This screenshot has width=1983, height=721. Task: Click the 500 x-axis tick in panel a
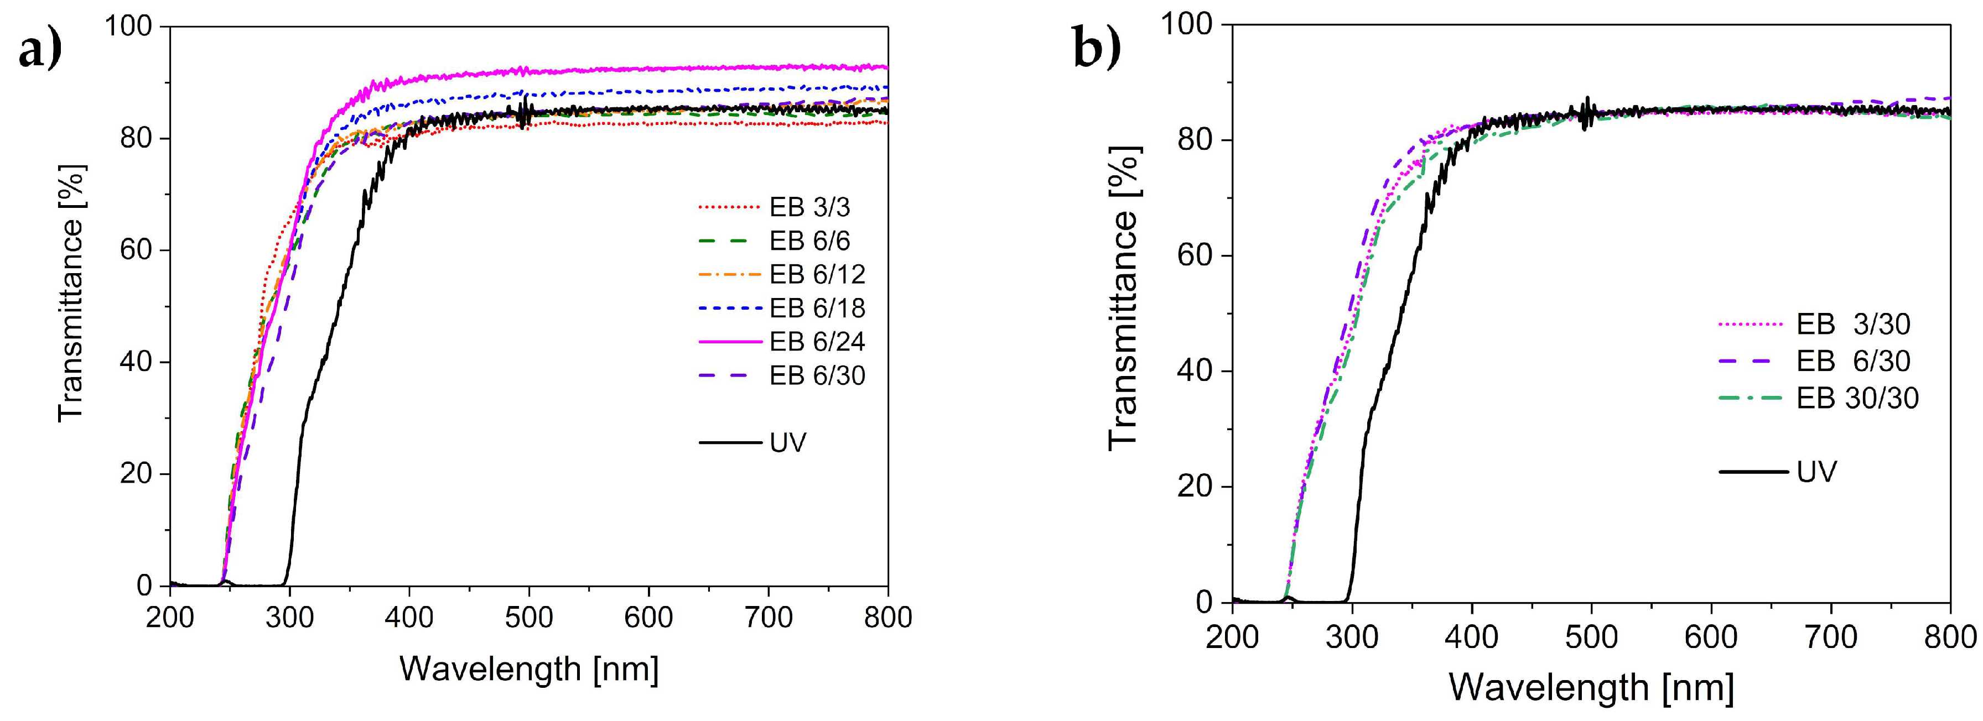tap(529, 617)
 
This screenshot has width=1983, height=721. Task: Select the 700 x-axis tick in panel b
tap(1831, 636)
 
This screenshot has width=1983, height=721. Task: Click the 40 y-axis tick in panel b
tap(1194, 371)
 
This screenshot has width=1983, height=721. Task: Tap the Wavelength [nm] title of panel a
tap(529, 668)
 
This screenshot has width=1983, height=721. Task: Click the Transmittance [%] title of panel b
tap(1124, 297)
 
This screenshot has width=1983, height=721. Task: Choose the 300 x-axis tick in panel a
tap(289, 617)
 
